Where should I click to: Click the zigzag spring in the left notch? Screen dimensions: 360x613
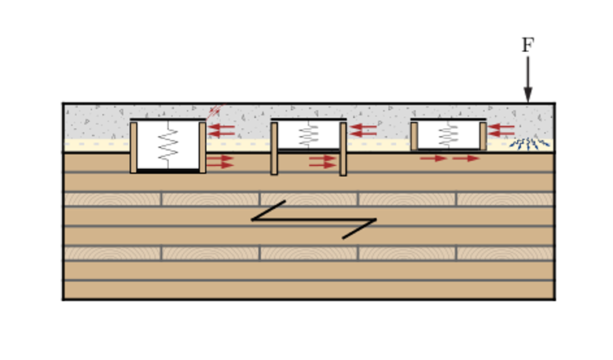tap(168, 145)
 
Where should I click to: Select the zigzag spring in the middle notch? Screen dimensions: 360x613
tap(308, 135)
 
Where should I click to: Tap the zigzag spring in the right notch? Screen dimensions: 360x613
tap(448, 134)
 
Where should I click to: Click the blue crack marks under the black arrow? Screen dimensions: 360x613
tap(528, 142)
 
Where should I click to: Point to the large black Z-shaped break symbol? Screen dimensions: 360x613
tap(314, 219)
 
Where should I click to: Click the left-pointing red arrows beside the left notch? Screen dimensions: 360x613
tap(222, 130)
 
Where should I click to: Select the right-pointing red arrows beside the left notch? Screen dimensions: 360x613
tap(221, 162)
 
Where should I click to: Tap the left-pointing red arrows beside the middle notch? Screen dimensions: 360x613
tap(363, 130)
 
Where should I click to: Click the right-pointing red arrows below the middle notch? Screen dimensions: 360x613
tap(322, 162)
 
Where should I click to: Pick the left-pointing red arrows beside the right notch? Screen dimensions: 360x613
tap(501, 130)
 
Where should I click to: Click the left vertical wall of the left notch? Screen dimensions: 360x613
tap(134, 147)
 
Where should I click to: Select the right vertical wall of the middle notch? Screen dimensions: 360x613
tap(343, 149)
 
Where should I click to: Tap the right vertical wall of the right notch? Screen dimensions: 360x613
tap(483, 135)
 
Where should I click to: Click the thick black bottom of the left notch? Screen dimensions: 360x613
tap(168, 171)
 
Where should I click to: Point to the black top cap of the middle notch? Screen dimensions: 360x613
tap(308, 119)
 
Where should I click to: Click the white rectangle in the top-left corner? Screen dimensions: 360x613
tap(158, 35)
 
